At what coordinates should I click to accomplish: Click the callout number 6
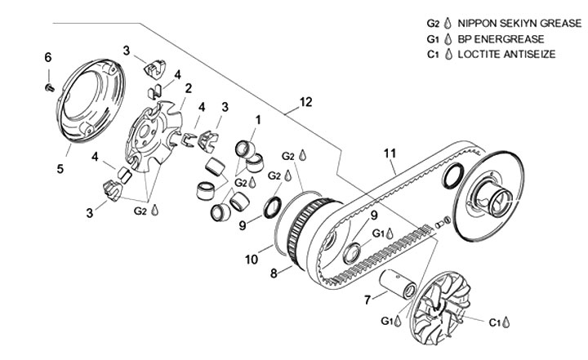(x=47, y=58)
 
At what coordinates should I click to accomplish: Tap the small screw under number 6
(x=49, y=87)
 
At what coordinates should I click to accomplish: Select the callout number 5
(x=60, y=169)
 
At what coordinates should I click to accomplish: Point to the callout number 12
(x=306, y=102)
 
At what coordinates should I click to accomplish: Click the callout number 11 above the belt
(x=390, y=153)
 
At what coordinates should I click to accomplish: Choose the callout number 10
(x=252, y=259)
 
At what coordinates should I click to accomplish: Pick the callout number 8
(x=274, y=273)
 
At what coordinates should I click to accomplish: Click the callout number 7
(x=367, y=300)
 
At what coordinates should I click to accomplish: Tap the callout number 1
(x=258, y=120)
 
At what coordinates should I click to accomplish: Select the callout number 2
(x=189, y=88)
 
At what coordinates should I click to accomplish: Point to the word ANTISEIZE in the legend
(x=529, y=55)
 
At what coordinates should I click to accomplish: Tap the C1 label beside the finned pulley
(x=496, y=322)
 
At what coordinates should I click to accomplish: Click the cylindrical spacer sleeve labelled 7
(x=397, y=284)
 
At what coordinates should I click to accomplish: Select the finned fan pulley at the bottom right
(x=442, y=307)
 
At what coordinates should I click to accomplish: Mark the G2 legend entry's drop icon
(x=447, y=24)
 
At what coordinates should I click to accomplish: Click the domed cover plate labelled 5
(x=91, y=100)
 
